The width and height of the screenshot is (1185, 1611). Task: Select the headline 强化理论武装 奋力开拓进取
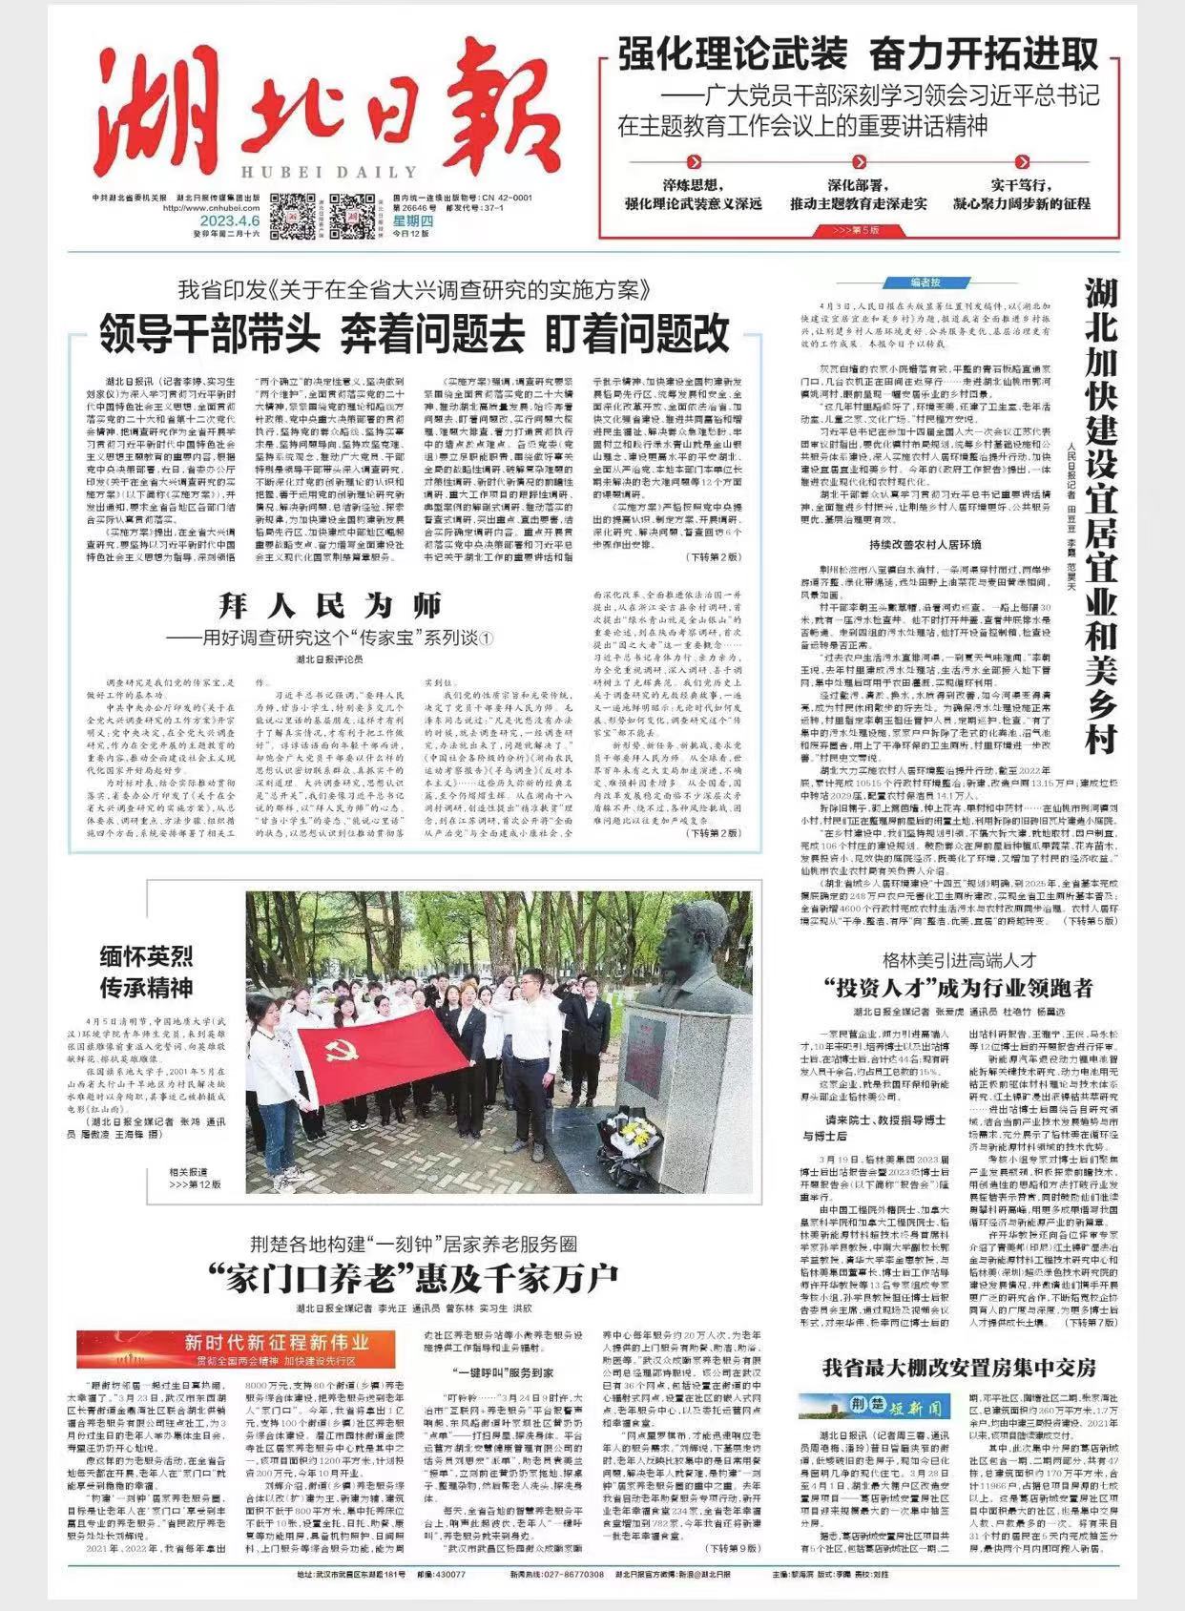(x=858, y=54)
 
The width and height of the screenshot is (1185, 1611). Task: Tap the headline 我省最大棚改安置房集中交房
(x=959, y=1367)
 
